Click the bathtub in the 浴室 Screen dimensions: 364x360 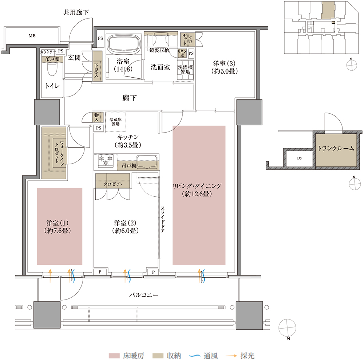point(124,44)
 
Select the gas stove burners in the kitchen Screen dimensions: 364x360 point(106,161)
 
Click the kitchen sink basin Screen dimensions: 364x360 point(147,162)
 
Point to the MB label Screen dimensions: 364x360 point(32,36)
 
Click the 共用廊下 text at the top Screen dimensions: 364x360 point(76,12)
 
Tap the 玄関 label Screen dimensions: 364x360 point(74,58)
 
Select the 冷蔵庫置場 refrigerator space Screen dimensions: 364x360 point(116,122)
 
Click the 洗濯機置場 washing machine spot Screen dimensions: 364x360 point(185,70)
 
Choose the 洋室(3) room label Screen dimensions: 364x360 point(224,67)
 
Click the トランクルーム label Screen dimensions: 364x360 point(336,148)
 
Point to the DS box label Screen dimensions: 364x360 point(300,158)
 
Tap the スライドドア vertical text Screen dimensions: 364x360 point(162,220)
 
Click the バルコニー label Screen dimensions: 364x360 point(144,295)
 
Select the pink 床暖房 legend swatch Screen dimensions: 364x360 point(114,356)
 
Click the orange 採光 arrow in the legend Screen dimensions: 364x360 point(232,356)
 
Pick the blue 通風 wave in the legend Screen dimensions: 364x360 point(195,356)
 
